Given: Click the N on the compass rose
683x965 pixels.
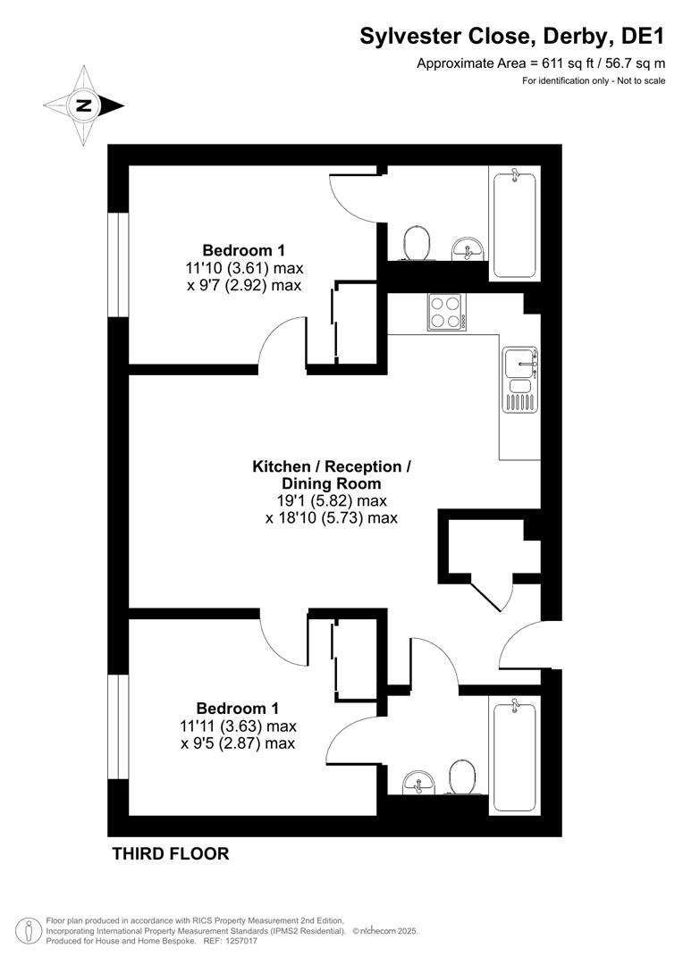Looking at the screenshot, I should coord(84,105).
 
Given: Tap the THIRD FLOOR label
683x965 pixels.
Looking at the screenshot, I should coord(170,853).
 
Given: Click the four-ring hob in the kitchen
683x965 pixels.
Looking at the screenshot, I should coord(447,312).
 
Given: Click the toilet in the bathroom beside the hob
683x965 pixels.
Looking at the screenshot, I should coord(417,242).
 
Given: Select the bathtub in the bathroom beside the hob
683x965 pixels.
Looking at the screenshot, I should coord(514,223).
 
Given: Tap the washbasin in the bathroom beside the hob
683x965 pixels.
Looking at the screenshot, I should coord(467,248).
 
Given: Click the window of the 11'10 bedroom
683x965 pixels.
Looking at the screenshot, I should coord(118,264).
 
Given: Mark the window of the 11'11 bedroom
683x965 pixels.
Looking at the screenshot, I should coord(118,727).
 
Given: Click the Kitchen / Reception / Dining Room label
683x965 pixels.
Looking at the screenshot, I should coord(333,474).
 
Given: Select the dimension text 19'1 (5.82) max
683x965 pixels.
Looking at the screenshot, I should coord(333,500).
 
